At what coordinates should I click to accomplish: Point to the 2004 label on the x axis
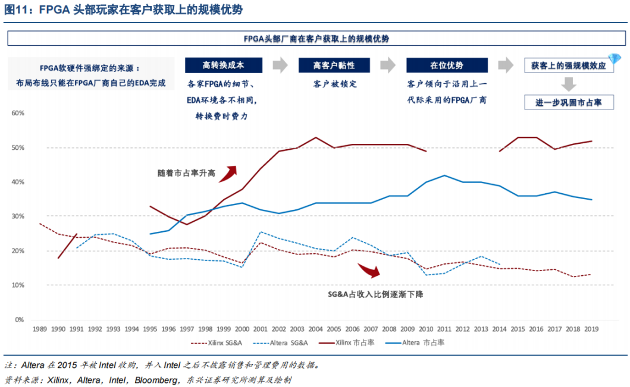316,328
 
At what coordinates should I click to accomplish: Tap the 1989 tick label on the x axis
40,328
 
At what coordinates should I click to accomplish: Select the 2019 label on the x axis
591,328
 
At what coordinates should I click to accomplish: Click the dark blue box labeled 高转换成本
223,65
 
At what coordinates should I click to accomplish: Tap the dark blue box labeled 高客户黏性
334,65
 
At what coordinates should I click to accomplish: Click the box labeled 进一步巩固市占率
568,103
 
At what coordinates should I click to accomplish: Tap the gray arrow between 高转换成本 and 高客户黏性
280,65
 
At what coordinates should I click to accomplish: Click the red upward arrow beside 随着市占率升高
228,173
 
